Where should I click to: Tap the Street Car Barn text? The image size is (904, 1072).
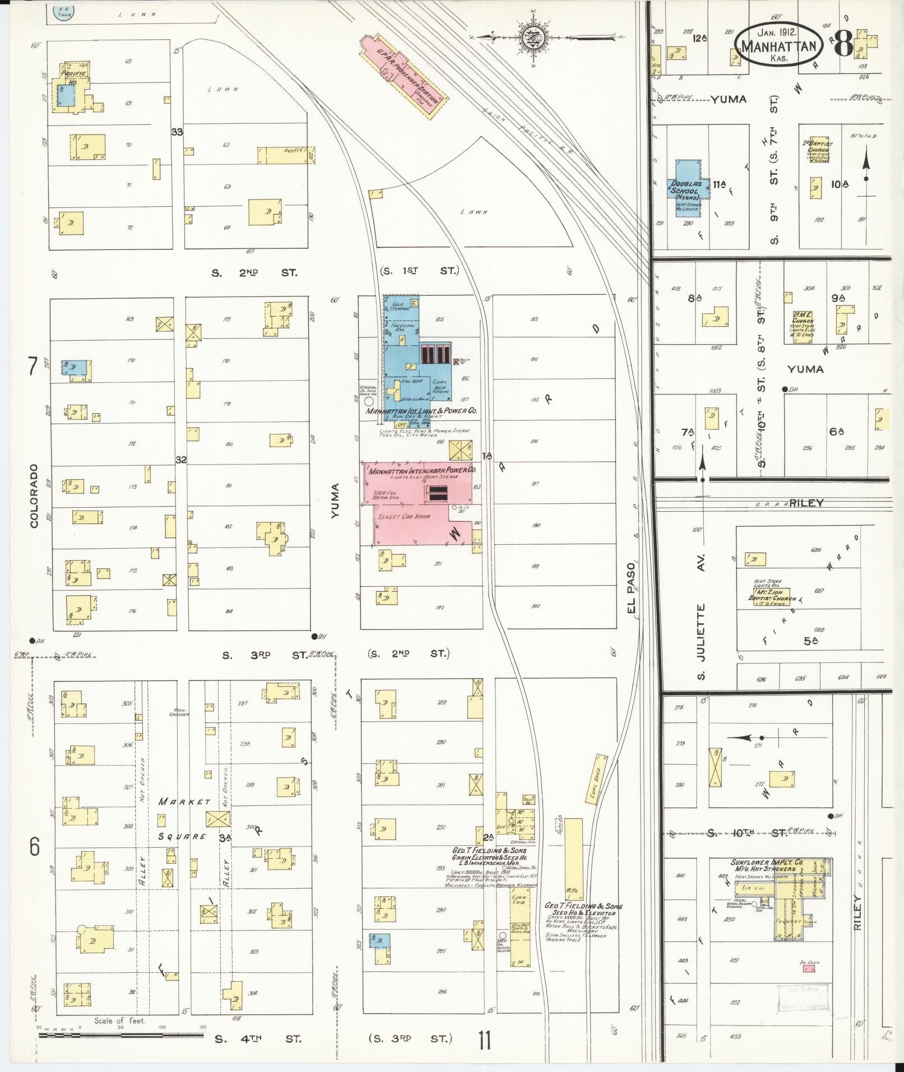(x=404, y=516)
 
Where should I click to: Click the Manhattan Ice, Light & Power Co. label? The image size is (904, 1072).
(x=421, y=411)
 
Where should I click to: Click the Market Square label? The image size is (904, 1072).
(x=185, y=819)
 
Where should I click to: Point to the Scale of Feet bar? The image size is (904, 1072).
(x=120, y=1036)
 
